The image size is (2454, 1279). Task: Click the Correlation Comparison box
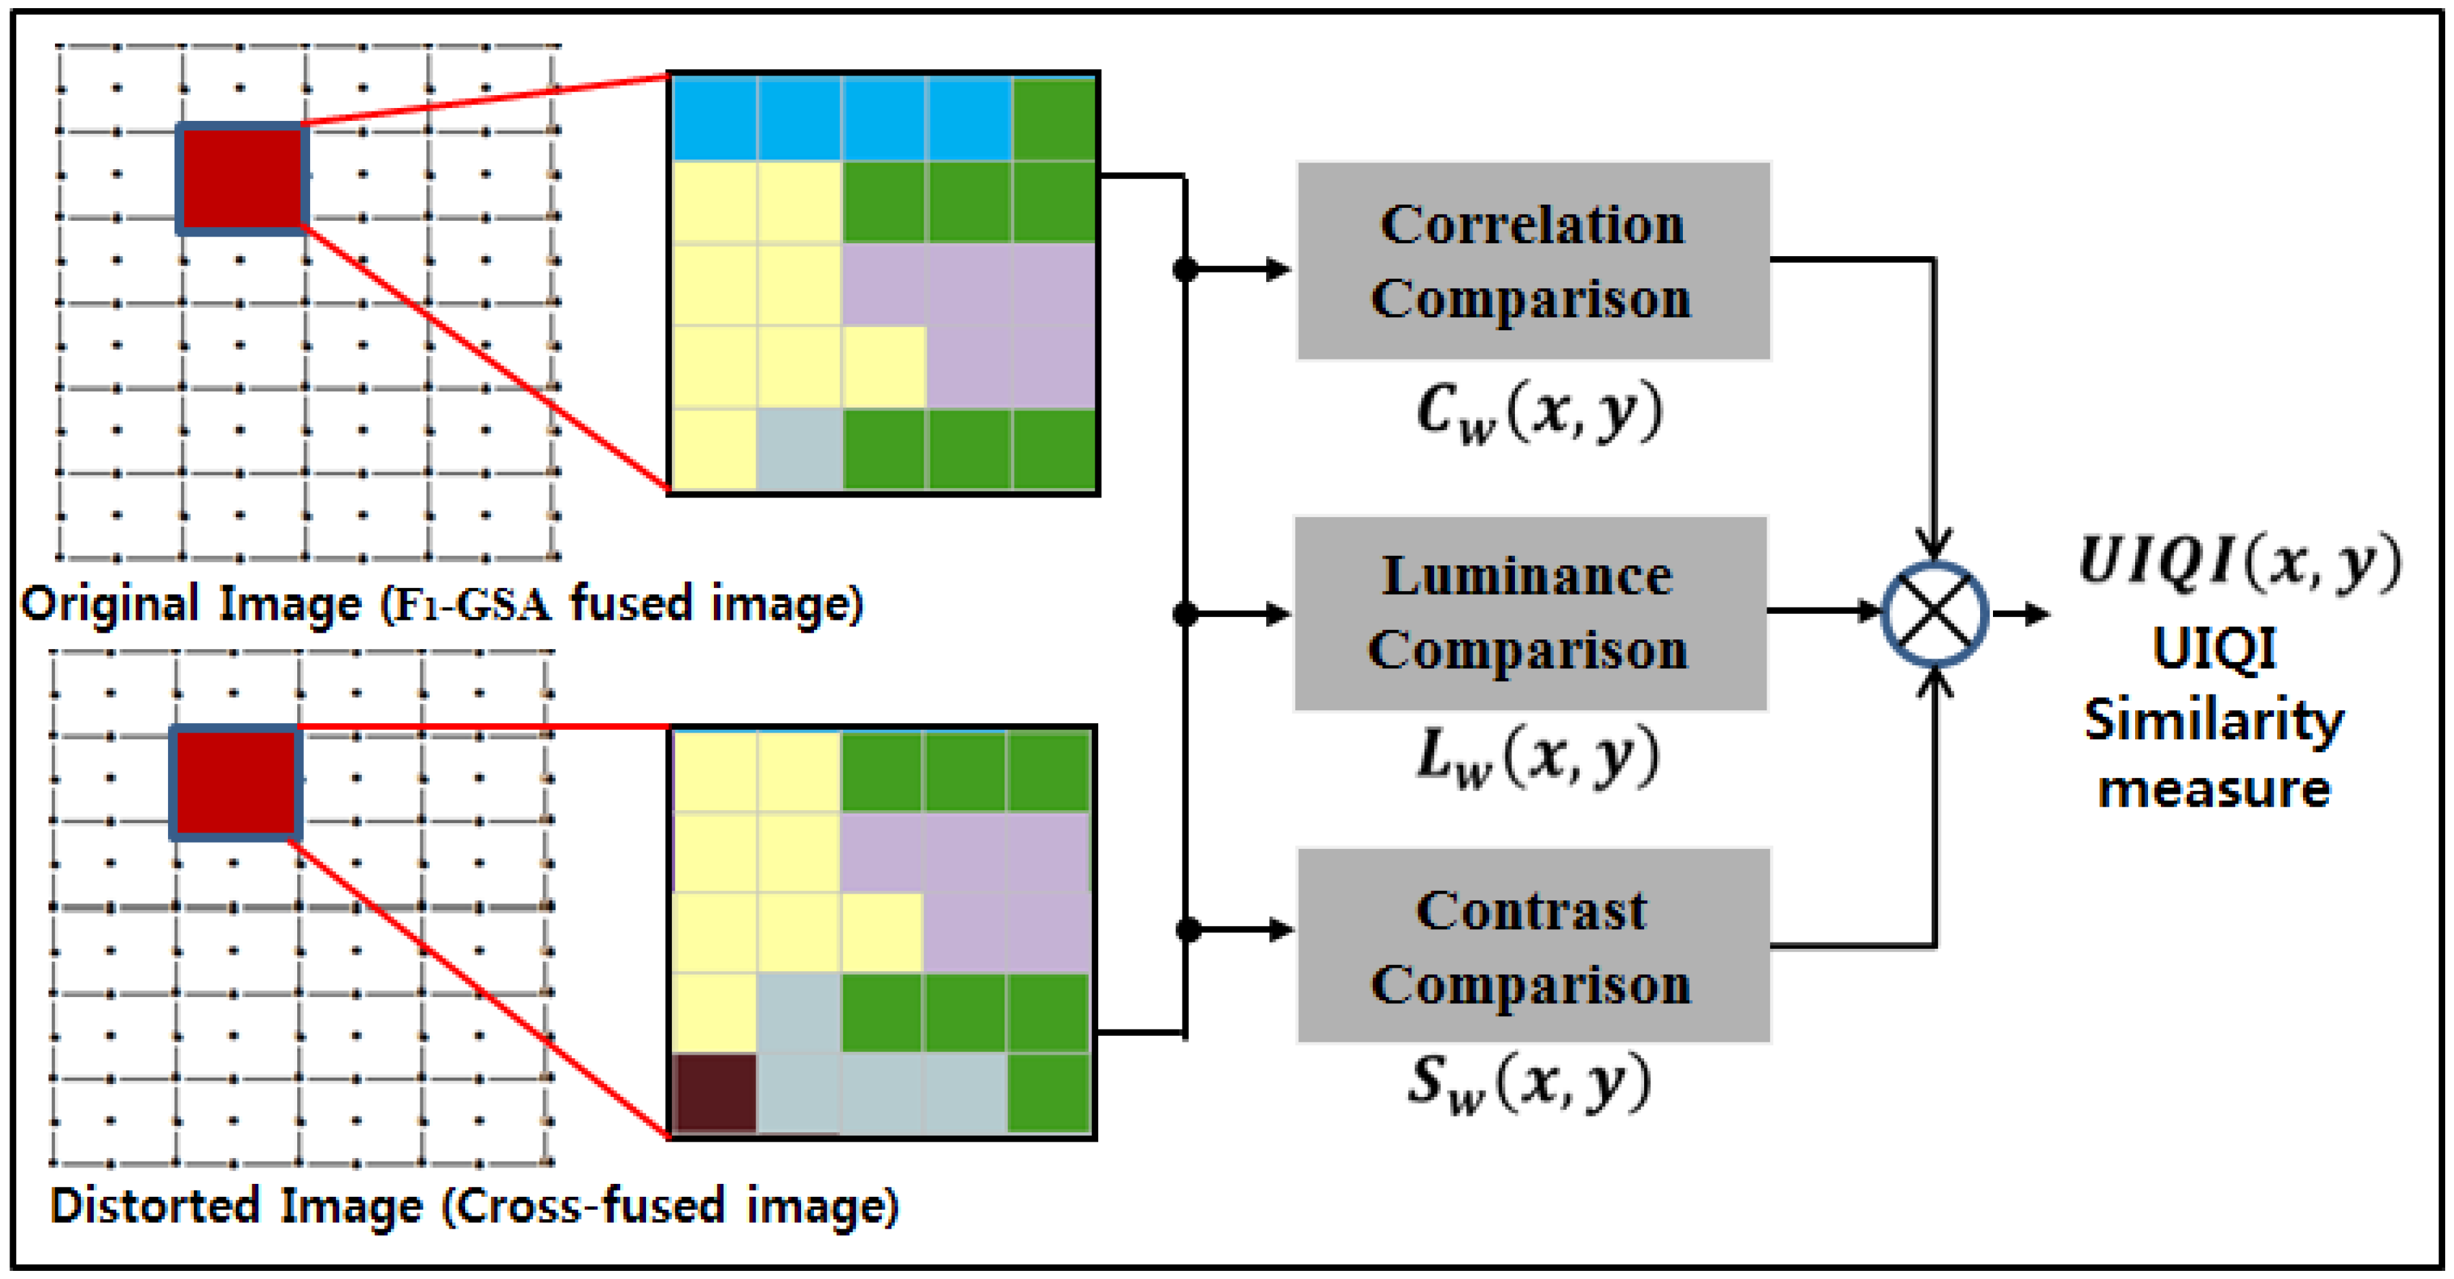1533,261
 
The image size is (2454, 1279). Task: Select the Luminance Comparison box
1530,613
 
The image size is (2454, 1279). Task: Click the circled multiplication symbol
1935,613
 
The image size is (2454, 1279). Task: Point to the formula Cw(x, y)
1539,413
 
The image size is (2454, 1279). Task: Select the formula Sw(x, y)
1530,1083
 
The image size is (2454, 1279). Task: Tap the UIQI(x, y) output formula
2238,562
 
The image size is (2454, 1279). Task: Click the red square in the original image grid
241,178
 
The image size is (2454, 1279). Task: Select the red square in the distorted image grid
235,782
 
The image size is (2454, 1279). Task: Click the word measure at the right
2213,790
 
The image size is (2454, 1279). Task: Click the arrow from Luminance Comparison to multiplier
1824,610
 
